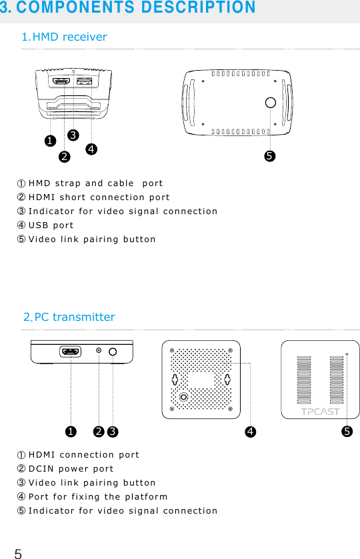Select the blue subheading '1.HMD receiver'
coord(64,37)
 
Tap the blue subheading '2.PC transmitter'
coord(69,317)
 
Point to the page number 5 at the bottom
coord(18,553)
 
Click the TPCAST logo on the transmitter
coord(320,411)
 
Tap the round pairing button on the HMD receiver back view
coord(270,102)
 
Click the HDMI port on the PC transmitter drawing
coord(70,351)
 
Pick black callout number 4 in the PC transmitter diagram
coord(249,432)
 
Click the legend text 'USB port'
coord(51,225)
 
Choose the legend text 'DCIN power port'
coord(71,469)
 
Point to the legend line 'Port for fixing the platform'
coord(98,497)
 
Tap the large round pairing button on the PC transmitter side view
coord(112,352)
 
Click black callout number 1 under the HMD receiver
coord(49,141)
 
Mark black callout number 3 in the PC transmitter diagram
coord(112,432)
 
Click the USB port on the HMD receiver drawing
coord(84,81)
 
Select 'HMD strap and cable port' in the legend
coord(95,183)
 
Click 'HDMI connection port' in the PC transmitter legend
coord(83,455)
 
